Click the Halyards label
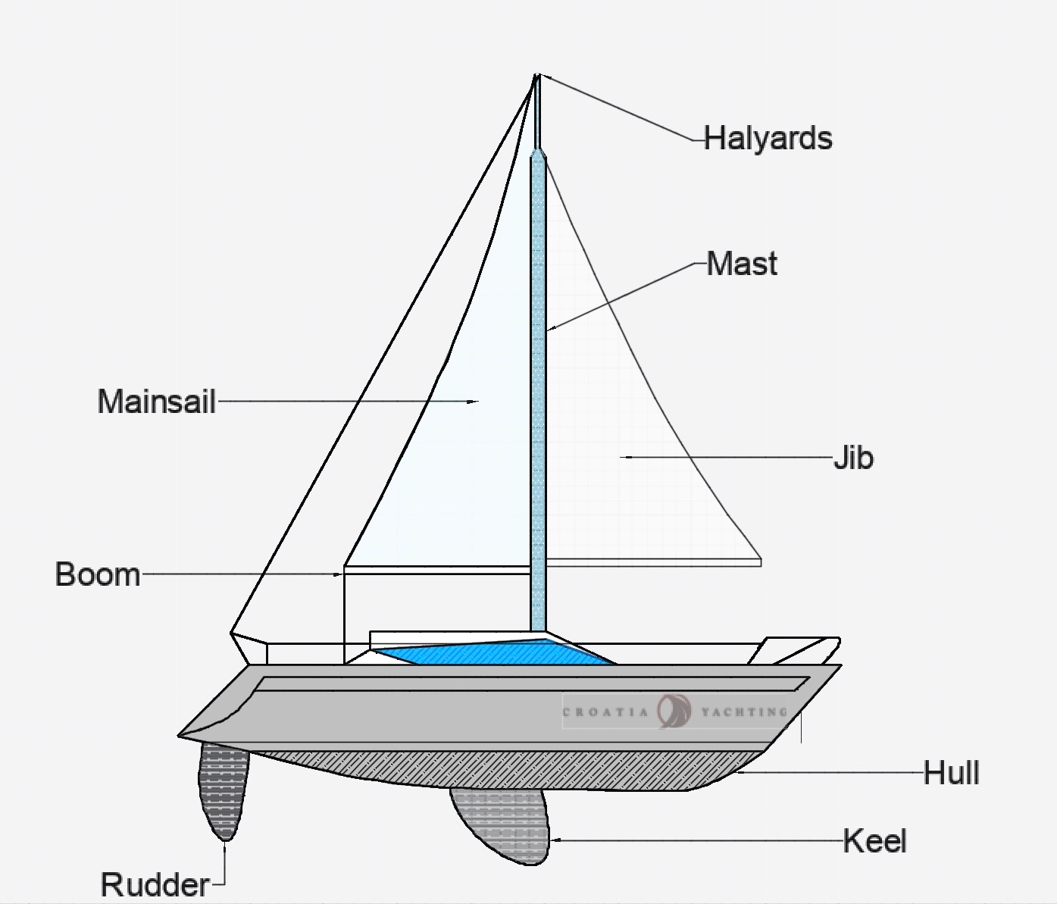(768, 138)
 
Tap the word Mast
(742, 264)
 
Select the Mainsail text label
(157, 402)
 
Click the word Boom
(98, 574)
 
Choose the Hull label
(952, 773)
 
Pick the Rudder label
(155, 884)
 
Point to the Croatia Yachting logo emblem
(674, 712)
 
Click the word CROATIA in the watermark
(605, 712)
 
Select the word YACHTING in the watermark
(744, 712)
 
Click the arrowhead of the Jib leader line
(621, 457)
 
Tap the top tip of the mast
(537, 75)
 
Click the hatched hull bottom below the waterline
(491, 770)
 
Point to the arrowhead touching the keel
(552, 840)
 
